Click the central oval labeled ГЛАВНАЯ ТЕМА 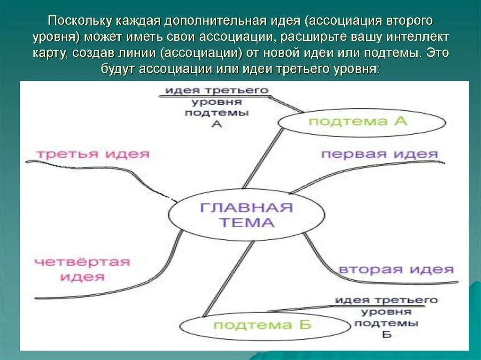pos(246,215)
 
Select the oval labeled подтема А pos(362,122)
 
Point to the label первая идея pos(379,154)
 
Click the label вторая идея pos(396,269)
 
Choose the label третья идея pos(93,153)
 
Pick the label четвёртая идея pos(82,269)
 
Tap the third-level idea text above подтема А pos(217,107)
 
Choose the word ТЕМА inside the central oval pos(247,222)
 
